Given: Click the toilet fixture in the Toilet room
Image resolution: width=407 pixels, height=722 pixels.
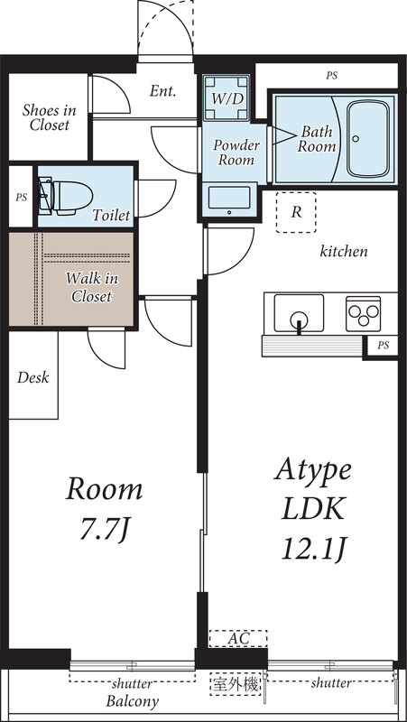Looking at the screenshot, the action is pyautogui.click(x=65, y=198).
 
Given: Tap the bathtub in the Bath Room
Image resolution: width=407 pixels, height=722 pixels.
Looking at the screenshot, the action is pyautogui.click(x=368, y=139).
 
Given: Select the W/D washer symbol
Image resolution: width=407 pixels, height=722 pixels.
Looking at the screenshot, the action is pyautogui.click(x=226, y=98).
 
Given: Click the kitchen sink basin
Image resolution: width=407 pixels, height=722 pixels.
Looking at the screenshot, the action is pyautogui.click(x=299, y=313).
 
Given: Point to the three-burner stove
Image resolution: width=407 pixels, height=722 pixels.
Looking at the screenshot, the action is pyautogui.click(x=364, y=313).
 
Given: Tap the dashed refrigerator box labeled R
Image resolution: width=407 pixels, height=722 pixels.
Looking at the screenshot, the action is pyautogui.click(x=297, y=212).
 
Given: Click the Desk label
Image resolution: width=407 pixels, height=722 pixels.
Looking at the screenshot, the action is pyautogui.click(x=33, y=378).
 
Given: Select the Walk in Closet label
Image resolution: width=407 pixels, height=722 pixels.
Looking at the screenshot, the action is pyautogui.click(x=92, y=287).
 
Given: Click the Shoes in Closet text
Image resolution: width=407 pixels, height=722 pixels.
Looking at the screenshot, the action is pyautogui.click(x=49, y=117).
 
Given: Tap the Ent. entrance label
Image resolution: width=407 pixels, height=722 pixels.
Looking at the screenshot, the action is pyautogui.click(x=163, y=91).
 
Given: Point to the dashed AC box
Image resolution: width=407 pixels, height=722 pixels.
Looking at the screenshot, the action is pyautogui.click(x=238, y=639).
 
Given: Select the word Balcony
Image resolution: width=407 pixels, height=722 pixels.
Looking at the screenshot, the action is pyautogui.click(x=132, y=702).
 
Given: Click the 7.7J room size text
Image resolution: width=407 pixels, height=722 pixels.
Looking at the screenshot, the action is pyautogui.click(x=104, y=529).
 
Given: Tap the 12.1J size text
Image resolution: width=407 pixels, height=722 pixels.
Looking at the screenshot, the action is pyautogui.click(x=313, y=549).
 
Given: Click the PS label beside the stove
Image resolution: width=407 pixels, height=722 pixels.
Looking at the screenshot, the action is pyautogui.click(x=384, y=345).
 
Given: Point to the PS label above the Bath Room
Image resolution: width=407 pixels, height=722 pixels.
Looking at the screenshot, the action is pyautogui.click(x=331, y=76).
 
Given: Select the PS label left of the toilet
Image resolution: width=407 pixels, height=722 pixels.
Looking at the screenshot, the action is pyautogui.click(x=21, y=198).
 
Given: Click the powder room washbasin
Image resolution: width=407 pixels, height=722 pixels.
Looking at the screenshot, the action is pyautogui.click(x=229, y=199).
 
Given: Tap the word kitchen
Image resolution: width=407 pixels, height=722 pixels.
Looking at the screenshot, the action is pyautogui.click(x=344, y=252).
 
